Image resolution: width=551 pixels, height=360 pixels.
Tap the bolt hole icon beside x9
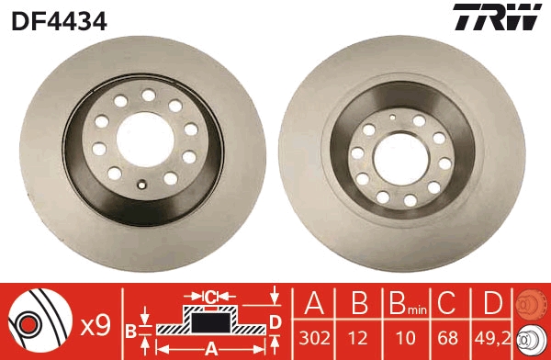40,322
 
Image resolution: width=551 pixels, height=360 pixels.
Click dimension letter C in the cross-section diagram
209,296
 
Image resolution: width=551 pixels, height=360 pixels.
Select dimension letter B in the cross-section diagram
130,331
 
